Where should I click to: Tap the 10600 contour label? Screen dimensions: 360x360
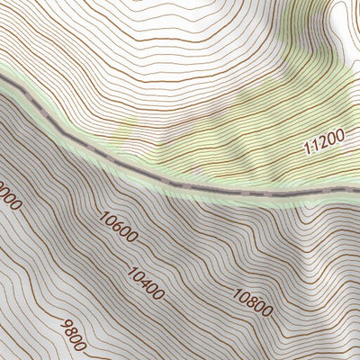click(119, 228)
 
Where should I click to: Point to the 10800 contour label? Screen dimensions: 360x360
click(252, 303)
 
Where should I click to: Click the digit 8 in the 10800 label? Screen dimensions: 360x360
click(252, 303)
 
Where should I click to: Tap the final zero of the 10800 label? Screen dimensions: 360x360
click(267, 313)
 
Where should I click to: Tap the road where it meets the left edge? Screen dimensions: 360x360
click(3, 80)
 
